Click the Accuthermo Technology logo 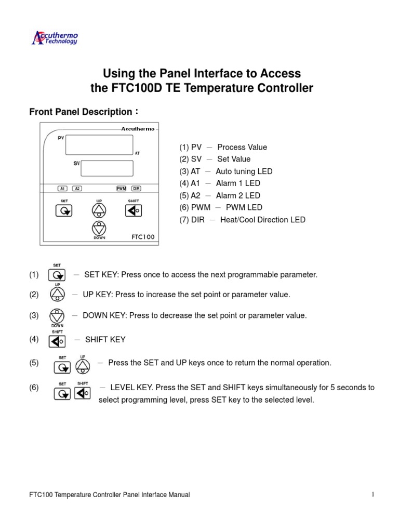55,38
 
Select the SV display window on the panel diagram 107,168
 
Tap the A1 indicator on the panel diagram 62,189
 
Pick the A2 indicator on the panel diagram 77,189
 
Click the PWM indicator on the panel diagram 122,189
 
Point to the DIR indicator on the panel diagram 136,189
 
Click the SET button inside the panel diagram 63,210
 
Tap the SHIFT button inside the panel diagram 132,210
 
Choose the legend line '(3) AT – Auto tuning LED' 226,171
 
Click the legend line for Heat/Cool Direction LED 243,220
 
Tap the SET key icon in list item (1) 57,275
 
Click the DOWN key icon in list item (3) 57,315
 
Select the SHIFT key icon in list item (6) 82,393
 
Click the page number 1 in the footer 373,495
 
